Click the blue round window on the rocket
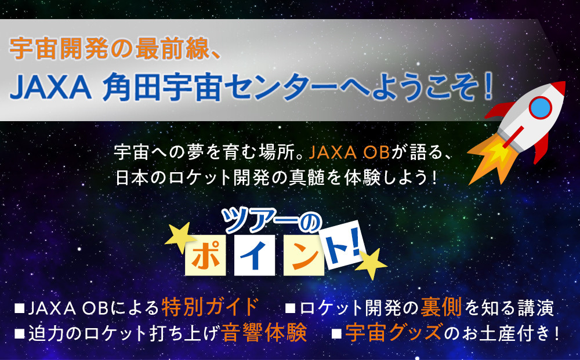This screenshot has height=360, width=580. tap(541, 106)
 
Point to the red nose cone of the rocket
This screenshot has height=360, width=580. tap(557, 89)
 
